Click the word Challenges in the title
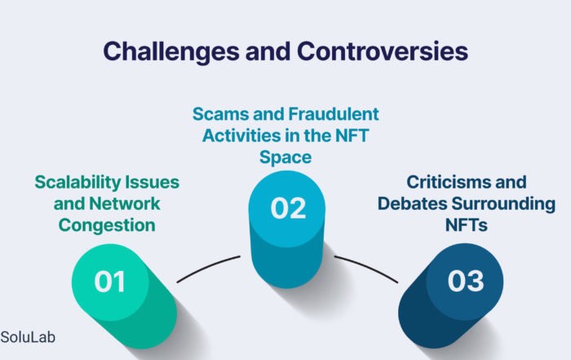(171, 51)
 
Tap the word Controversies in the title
(383, 51)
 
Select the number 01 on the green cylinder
(109, 282)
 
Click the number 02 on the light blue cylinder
(288, 208)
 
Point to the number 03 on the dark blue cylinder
(466, 281)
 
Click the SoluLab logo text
(28, 337)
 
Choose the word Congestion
(107, 225)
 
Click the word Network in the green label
(125, 204)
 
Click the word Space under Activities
(285, 158)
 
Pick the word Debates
(413, 204)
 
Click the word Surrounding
(503, 204)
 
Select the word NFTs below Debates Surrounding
(467, 225)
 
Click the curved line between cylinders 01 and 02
(207, 267)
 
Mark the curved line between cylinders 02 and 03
(367, 267)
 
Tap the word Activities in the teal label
(241, 136)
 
